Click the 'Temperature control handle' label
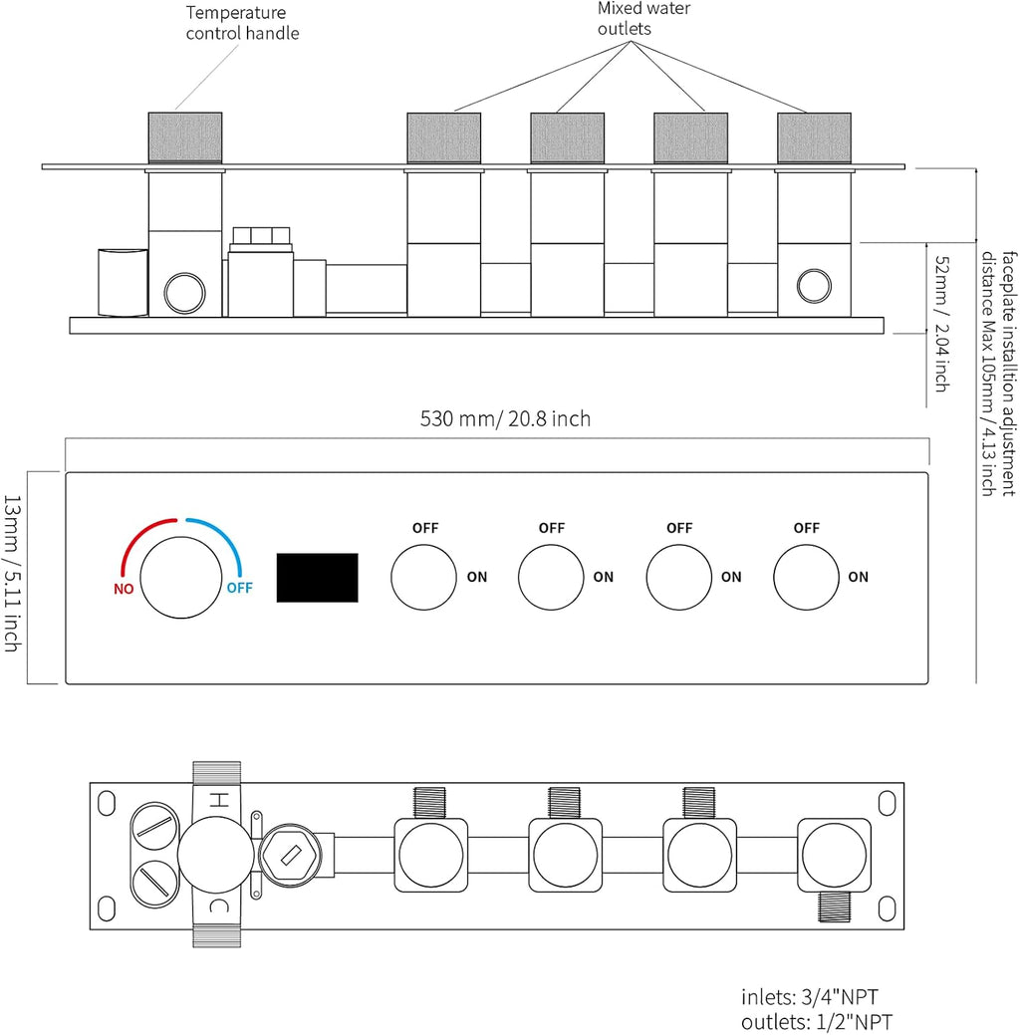click(x=242, y=23)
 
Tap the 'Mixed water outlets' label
click(x=643, y=19)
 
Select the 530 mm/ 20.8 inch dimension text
click(x=505, y=418)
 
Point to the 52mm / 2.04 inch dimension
click(x=942, y=324)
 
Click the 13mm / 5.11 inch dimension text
click(x=13, y=574)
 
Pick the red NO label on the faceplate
click(x=124, y=589)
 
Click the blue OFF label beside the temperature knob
click(x=239, y=588)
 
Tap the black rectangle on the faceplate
click(x=317, y=578)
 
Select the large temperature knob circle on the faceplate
click(x=181, y=578)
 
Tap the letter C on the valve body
click(x=218, y=906)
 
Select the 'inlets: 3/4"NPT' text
click(x=810, y=997)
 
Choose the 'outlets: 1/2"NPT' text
click(x=817, y=1022)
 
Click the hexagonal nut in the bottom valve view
click(x=290, y=856)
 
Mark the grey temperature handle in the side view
click(x=185, y=137)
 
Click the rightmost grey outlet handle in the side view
click(x=814, y=137)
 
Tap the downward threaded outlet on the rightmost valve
click(x=834, y=906)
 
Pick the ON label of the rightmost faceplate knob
click(x=859, y=577)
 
